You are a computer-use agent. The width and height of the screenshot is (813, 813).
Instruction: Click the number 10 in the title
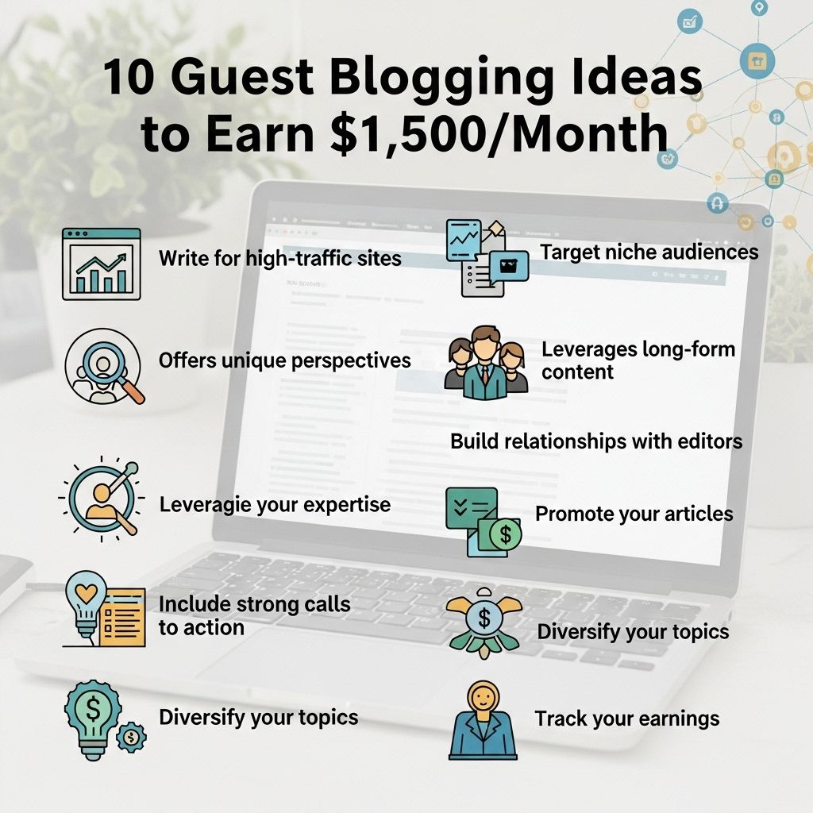(129, 76)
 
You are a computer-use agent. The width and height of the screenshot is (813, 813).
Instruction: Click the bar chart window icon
(102, 264)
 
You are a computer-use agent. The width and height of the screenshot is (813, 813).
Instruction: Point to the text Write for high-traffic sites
(280, 258)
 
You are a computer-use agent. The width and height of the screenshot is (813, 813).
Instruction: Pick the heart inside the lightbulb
(86, 591)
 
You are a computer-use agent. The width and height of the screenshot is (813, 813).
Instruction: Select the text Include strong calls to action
(255, 615)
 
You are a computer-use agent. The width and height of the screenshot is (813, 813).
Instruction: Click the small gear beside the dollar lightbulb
(131, 737)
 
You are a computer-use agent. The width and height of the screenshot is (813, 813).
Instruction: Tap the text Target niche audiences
(649, 252)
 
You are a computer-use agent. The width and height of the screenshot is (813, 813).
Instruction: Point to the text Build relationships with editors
(596, 441)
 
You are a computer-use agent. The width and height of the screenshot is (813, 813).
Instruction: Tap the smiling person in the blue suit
(483, 721)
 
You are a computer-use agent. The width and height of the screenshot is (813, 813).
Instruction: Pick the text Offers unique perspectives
(285, 361)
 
